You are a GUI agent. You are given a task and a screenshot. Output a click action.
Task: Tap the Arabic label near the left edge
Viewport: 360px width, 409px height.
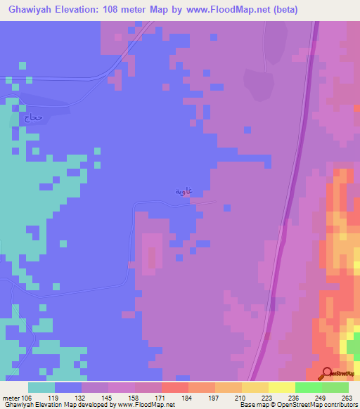(34, 118)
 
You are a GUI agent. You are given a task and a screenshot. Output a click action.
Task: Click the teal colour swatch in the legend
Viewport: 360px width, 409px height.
(41, 387)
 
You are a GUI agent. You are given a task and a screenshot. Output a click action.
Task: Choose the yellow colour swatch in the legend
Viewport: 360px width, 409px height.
(282, 387)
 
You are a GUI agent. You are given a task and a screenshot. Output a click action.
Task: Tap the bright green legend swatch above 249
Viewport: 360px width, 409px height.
(309, 387)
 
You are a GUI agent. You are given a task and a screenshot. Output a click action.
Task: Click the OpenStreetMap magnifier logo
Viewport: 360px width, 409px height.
(327, 373)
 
